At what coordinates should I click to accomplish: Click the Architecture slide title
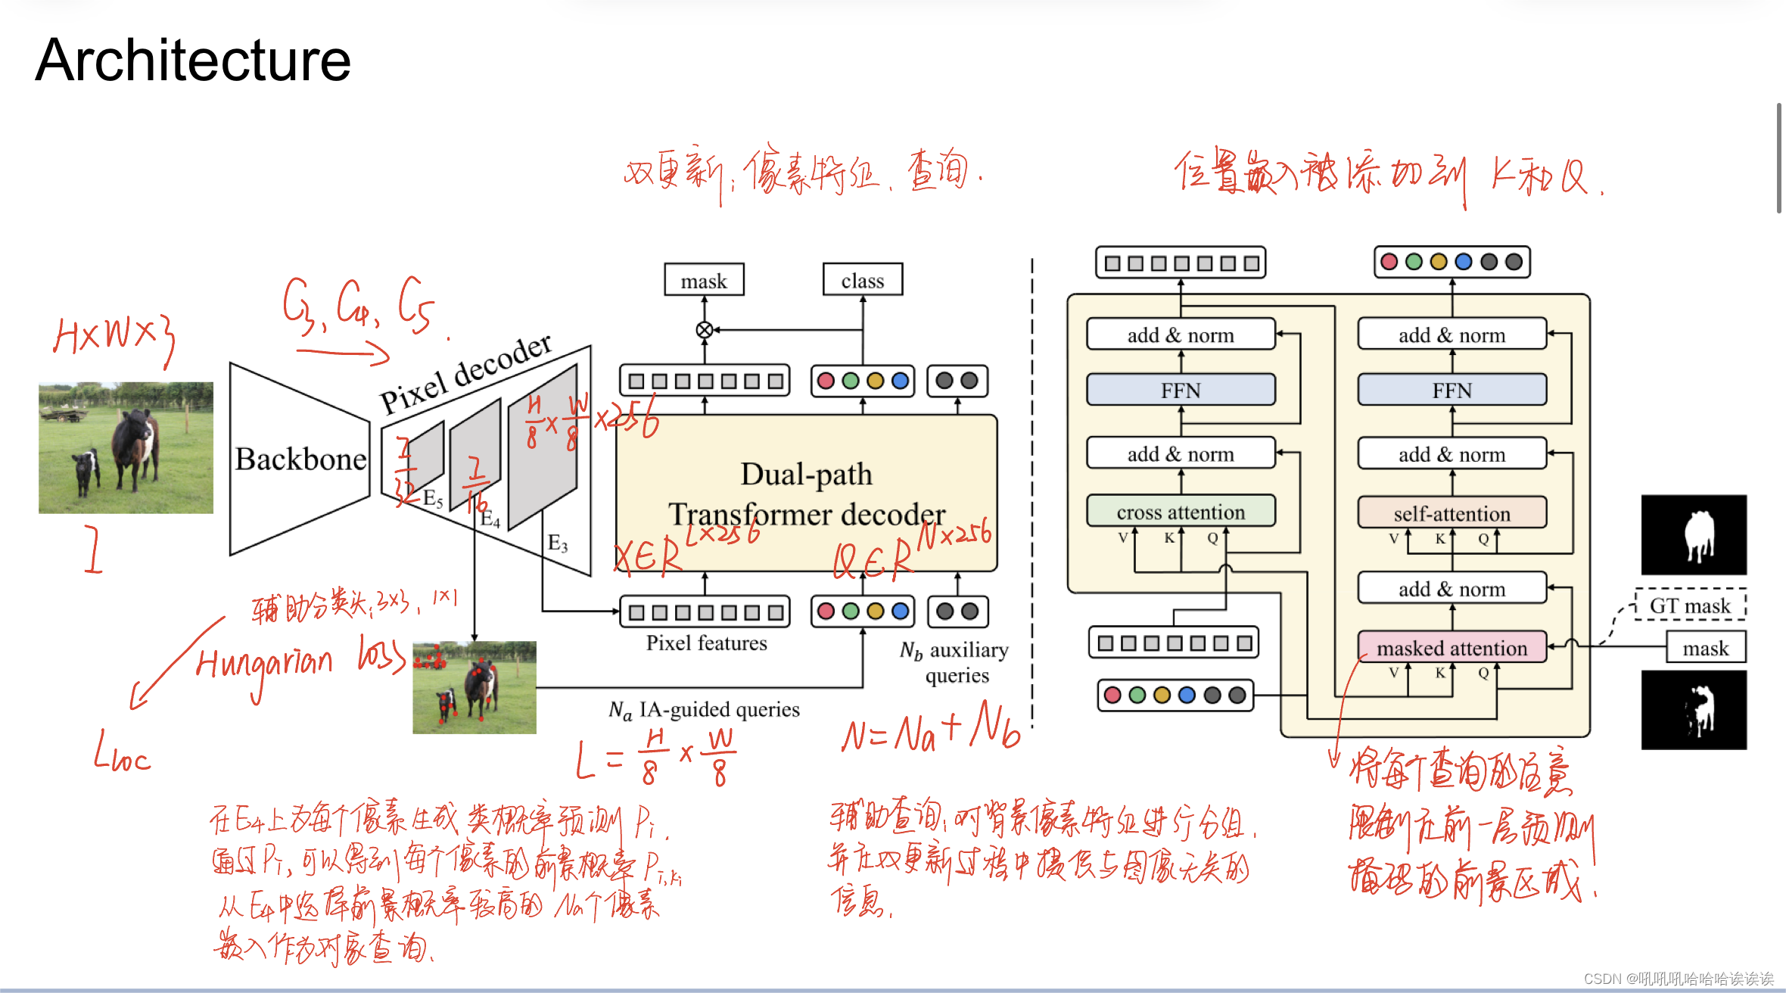point(193,61)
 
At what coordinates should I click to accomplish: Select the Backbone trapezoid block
point(300,459)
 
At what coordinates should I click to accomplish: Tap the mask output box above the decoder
point(704,281)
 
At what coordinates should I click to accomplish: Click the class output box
point(863,281)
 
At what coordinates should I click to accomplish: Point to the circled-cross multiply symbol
point(704,330)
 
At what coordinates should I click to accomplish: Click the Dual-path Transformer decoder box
point(807,493)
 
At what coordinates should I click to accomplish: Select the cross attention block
point(1181,512)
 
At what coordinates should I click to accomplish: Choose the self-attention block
point(1452,513)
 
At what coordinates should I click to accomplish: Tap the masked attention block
point(1452,648)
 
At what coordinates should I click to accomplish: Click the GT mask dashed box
point(1690,605)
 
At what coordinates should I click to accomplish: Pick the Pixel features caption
point(706,643)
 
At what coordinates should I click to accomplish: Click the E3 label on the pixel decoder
point(558,543)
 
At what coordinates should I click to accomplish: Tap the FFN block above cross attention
point(1181,391)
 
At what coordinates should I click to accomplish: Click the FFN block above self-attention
point(1452,391)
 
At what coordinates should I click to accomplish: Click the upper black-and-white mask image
point(1694,535)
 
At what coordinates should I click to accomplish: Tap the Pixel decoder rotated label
point(465,374)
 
